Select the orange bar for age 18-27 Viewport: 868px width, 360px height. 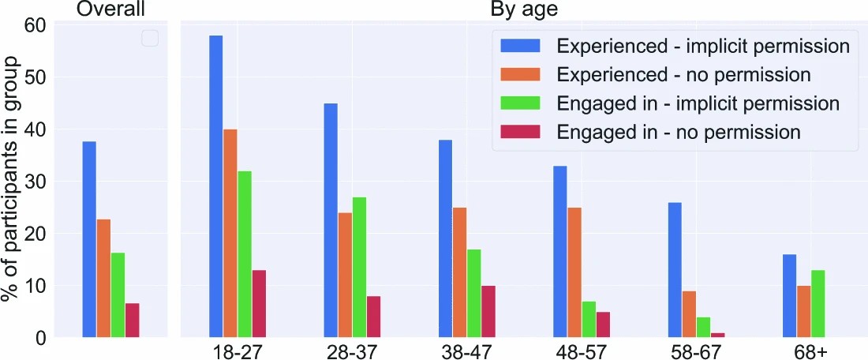pos(230,234)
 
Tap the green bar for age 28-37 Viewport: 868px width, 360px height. pos(359,268)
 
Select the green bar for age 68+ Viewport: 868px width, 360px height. pos(818,304)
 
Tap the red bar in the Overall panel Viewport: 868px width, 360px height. pos(132,321)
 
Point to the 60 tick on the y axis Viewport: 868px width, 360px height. pos(36,26)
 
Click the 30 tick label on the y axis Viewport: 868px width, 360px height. pos(36,182)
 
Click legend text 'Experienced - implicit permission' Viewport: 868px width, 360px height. pos(702,46)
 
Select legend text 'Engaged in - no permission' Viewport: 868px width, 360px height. pos(679,132)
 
